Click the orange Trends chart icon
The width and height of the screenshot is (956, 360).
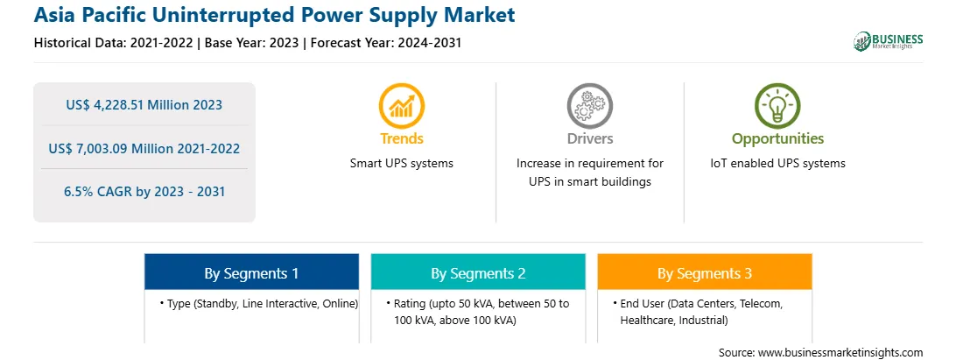pyautogui.click(x=402, y=106)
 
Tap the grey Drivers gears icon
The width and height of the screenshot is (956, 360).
pyautogui.click(x=589, y=106)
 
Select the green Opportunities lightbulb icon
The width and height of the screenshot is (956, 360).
pyautogui.click(x=777, y=106)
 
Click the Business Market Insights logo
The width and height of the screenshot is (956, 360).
pyautogui.click(x=889, y=41)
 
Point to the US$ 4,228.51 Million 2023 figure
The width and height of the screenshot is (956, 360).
pyautogui.click(x=144, y=105)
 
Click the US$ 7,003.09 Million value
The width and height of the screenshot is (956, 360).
pyautogui.click(x=116, y=148)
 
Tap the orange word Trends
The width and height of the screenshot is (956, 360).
pyautogui.click(x=402, y=138)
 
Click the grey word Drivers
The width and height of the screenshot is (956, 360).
pyautogui.click(x=589, y=138)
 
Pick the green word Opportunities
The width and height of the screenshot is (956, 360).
pyautogui.click(x=777, y=138)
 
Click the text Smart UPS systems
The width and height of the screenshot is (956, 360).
pyautogui.click(x=402, y=164)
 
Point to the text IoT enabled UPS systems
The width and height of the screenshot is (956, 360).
pyautogui.click(x=777, y=164)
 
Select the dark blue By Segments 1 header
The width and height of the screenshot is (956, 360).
pyautogui.click(x=252, y=273)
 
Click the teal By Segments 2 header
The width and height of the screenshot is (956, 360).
pyautogui.click(x=478, y=273)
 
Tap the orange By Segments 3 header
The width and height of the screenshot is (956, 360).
pyautogui.click(x=705, y=273)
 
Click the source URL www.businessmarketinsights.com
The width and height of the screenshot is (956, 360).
pyautogui.click(x=840, y=353)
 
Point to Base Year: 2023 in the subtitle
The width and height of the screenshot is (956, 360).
pyautogui.click(x=252, y=43)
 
